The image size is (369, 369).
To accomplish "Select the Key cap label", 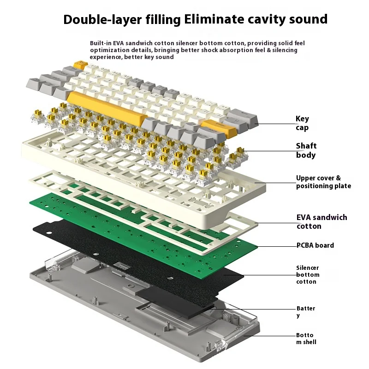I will point(302,123).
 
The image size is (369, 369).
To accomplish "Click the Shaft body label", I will point(306,150).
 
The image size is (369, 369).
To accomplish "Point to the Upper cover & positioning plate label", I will point(323,182).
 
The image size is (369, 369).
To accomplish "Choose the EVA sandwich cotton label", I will point(321,221).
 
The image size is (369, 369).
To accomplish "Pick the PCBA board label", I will point(315,245).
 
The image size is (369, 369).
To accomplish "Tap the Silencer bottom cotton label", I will point(308,274).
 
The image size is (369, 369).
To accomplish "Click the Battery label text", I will point(305,311).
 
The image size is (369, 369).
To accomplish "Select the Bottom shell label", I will point(306,339).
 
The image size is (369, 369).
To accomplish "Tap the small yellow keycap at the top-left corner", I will point(81,63).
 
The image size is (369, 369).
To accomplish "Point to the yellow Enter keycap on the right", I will point(220,126).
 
